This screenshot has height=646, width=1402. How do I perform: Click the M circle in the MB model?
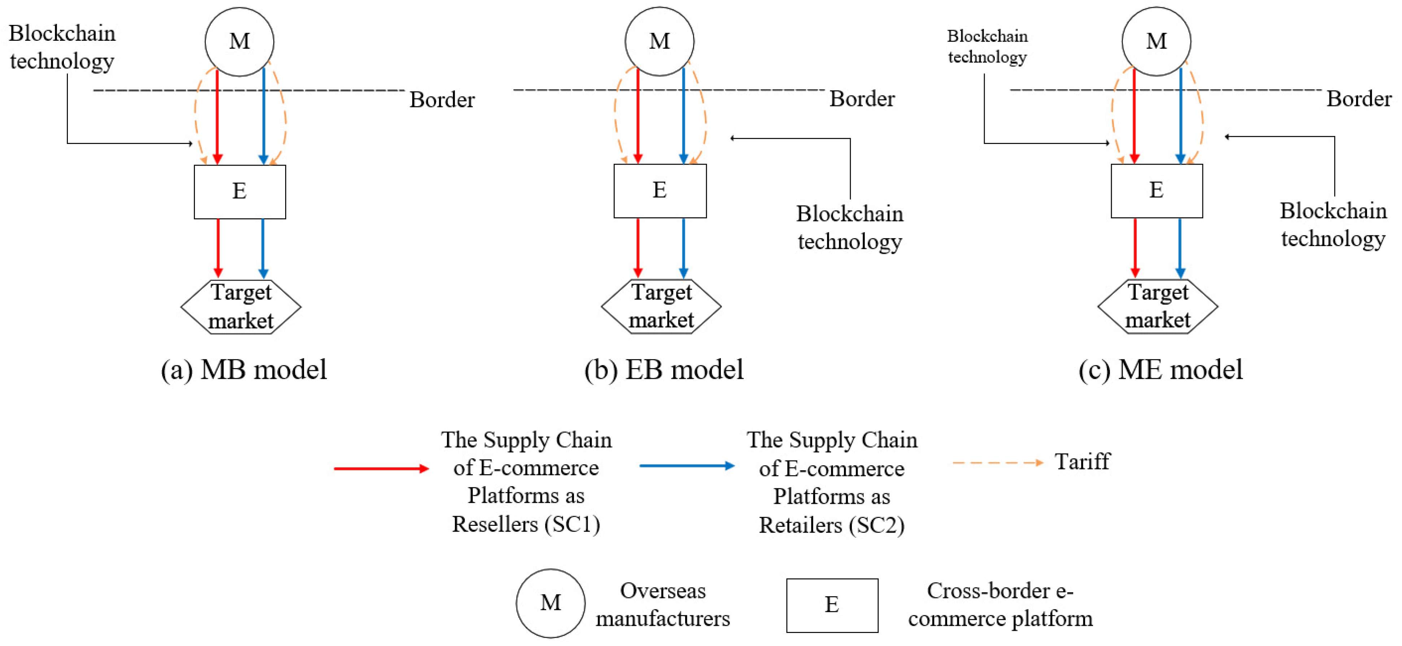[239, 42]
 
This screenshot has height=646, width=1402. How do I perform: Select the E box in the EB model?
[659, 191]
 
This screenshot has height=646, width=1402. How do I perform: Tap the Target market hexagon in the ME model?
[1158, 306]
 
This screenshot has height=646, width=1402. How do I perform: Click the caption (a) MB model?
[244, 370]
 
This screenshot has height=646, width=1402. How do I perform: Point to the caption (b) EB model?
[663, 370]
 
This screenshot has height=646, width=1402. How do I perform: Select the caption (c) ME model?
[1161, 370]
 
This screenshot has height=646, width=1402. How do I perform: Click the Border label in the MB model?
[442, 100]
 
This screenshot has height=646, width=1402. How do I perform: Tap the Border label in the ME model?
[1358, 99]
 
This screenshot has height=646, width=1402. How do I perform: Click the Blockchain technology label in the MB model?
[62, 47]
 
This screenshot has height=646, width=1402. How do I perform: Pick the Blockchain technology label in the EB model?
[850, 227]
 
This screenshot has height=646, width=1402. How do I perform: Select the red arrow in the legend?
[381, 468]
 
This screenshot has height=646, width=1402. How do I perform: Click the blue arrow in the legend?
[687, 466]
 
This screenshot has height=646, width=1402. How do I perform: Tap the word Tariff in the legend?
[1082, 462]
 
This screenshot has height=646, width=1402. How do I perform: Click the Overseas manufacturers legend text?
[662, 604]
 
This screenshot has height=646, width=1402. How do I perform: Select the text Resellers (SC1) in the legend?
[526, 524]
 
